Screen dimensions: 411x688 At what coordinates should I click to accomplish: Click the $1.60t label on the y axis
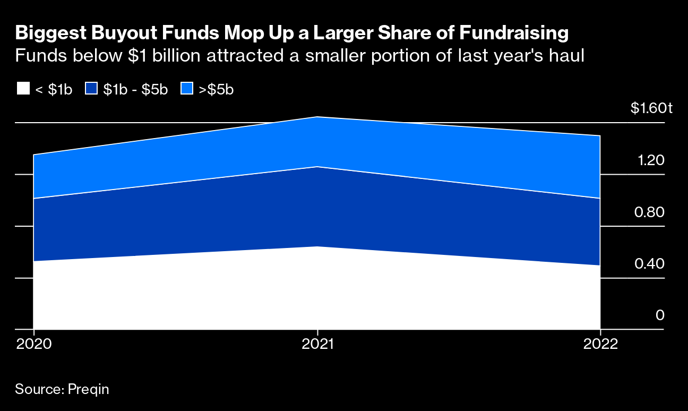(651, 108)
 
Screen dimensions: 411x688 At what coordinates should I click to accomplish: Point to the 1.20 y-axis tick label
(651, 160)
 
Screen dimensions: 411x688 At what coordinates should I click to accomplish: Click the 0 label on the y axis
(660, 315)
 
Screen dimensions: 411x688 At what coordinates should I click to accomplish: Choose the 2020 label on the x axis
(33, 344)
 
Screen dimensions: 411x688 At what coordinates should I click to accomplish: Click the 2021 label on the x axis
(317, 344)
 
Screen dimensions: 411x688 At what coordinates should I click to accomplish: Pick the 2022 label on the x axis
(600, 344)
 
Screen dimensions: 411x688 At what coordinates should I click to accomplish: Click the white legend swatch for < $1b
(23, 89)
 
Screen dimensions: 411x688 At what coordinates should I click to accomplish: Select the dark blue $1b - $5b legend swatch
(91, 89)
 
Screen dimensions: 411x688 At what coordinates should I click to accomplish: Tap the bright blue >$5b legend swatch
(187, 89)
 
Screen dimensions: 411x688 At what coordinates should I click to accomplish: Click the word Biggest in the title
(48, 33)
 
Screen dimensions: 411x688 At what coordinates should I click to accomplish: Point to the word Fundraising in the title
(513, 33)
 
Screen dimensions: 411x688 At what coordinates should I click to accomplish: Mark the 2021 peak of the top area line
(317, 117)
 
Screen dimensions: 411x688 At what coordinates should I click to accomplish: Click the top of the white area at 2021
(317, 246)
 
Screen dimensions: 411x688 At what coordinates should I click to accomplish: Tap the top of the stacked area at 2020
(33, 155)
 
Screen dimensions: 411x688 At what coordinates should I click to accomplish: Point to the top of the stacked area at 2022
(600, 136)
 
